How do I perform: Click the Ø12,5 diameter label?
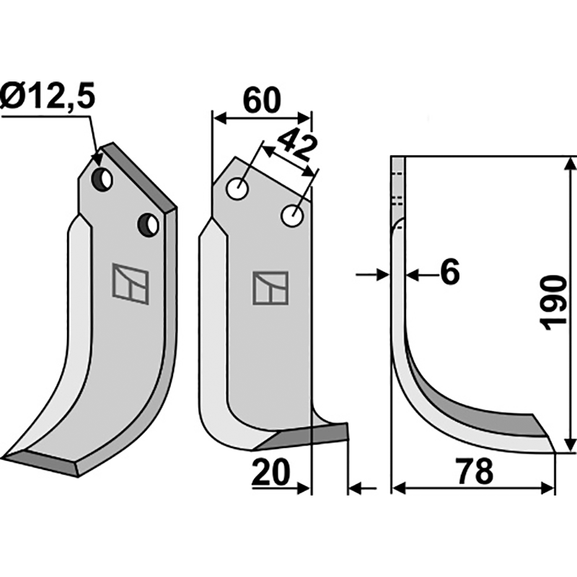coord(48,97)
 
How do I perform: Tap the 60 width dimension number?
coord(262,100)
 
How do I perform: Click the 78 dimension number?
coord(475,472)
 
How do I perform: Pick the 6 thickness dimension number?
coord(450,272)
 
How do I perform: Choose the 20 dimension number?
coord(270,472)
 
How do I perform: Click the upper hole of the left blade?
coord(102,180)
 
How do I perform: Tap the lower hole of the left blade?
coord(149,225)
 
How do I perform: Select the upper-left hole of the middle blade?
coord(238,189)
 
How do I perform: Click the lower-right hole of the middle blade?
coord(292,216)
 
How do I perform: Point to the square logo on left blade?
coord(131,283)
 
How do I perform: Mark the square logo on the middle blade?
coord(270,288)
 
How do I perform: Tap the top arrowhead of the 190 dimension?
coord(570,164)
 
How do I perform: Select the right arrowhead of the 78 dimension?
coord(547,489)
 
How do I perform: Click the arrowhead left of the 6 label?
coord(383,275)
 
